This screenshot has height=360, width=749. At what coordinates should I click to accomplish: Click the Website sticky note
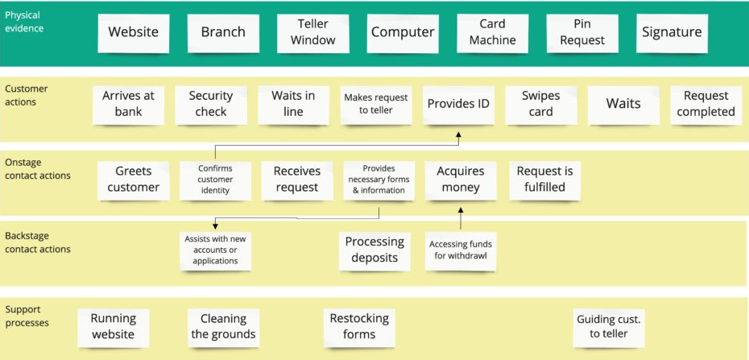click(134, 33)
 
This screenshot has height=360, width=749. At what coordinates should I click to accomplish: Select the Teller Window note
click(312, 33)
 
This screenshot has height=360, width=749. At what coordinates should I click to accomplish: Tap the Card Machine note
click(492, 33)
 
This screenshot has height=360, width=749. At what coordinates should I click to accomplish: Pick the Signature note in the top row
click(672, 33)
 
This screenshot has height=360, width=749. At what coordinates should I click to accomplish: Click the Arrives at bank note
click(127, 104)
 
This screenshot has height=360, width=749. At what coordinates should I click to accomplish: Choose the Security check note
click(210, 104)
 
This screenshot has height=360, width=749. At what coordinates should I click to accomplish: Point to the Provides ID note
click(457, 104)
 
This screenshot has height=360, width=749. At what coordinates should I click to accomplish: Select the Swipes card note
click(540, 104)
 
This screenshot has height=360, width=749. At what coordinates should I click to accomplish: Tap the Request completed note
click(706, 104)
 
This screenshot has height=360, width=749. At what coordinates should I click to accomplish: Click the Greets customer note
click(133, 180)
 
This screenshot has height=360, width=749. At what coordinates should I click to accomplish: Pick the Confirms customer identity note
click(215, 180)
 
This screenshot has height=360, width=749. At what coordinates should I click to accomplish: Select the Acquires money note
click(460, 180)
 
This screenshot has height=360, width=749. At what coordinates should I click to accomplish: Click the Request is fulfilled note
click(544, 180)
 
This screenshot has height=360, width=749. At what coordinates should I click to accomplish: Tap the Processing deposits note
click(374, 250)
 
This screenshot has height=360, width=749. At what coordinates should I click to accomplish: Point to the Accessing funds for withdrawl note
click(460, 250)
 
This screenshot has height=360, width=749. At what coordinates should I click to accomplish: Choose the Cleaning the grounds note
click(223, 326)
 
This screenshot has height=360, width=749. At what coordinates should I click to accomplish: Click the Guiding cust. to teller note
click(608, 326)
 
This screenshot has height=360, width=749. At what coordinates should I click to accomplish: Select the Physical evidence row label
click(24, 22)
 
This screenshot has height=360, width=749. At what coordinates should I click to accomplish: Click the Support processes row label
click(27, 316)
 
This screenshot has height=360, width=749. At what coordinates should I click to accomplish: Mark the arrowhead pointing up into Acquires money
click(461, 210)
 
